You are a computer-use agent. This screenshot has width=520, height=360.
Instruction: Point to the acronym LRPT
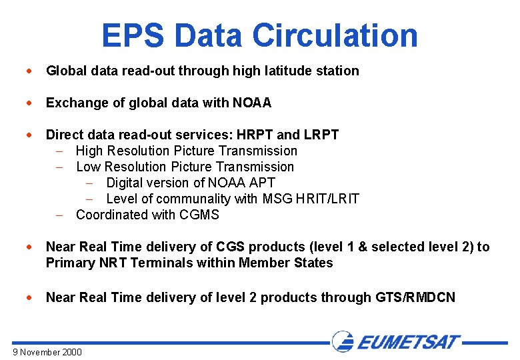coord(321,135)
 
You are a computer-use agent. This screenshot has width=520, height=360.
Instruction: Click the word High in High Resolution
coord(90,151)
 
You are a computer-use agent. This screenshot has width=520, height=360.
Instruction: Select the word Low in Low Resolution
coord(89,167)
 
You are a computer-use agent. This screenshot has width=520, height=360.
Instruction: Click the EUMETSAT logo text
coord(408,343)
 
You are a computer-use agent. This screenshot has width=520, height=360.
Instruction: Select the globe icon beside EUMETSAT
coord(342,341)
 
